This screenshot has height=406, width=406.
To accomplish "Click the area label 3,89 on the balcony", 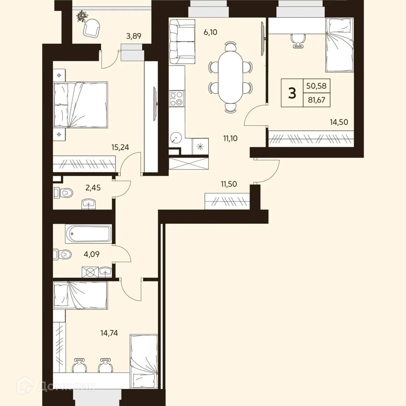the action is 134,36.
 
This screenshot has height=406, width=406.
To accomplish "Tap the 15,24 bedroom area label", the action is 120,147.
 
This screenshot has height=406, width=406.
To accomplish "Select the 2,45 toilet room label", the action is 93,187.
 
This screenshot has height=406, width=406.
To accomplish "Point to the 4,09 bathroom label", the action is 91,254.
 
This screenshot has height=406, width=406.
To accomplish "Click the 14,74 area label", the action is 109,333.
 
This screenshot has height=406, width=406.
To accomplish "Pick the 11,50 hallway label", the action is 229,184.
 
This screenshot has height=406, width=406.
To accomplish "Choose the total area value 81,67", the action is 316,100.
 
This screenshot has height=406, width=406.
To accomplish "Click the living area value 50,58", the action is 316,86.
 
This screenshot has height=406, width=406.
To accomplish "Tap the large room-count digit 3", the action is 292,93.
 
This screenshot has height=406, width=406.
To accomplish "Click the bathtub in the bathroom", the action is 88,234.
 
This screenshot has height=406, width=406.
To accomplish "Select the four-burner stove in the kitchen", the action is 176,99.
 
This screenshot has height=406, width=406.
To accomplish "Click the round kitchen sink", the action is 176,138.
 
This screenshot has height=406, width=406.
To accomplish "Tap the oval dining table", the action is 230,77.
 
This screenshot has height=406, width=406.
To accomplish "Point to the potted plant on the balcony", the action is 82,16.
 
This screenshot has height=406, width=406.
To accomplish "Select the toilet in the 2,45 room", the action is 64,193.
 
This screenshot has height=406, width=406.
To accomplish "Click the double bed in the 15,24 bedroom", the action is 80,105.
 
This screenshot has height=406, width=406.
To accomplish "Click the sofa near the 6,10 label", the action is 182,41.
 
